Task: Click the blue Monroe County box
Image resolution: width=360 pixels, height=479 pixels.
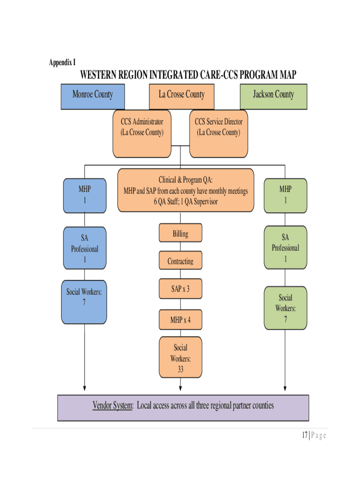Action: click(93, 96)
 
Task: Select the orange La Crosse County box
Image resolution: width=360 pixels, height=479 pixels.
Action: click(181, 96)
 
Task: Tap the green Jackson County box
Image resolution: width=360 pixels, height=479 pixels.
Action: click(274, 96)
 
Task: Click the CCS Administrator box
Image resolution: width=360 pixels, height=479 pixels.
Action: click(142, 134)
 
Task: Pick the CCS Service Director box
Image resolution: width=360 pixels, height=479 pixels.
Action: click(218, 134)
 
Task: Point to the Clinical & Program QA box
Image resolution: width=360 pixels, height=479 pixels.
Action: click(186, 190)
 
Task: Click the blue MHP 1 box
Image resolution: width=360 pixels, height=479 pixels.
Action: click(85, 195)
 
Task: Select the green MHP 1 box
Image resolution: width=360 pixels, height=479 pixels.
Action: click(285, 195)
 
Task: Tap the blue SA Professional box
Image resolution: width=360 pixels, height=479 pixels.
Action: click(85, 248)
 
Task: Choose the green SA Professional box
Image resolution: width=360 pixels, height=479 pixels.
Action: click(285, 247)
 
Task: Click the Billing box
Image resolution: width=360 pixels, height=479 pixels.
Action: click(180, 233)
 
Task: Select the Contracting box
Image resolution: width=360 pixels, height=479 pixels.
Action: click(180, 261)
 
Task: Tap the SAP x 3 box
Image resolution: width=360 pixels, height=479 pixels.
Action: click(180, 289)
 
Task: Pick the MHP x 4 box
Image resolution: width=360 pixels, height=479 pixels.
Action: click(180, 320)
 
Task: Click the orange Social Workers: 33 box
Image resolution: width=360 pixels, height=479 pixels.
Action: click(180, 358)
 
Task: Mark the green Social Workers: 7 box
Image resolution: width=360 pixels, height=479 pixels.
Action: click(285, 308)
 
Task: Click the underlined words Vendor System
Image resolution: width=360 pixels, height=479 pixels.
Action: click(113, 406)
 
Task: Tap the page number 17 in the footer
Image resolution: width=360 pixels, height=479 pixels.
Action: click(304, 435)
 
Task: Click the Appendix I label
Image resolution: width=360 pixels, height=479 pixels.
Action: click(62, 62)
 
